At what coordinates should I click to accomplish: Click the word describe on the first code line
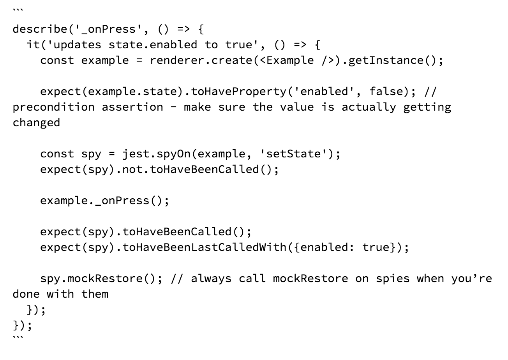(40, 29)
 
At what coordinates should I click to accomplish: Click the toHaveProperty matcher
(239, 92)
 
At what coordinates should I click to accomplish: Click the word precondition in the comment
(53, 107)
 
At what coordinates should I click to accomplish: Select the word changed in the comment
(36, 123)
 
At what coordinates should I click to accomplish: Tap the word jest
(136, 154)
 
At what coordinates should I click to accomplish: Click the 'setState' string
(294, 154)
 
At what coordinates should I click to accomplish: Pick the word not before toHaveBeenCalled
(132, 170)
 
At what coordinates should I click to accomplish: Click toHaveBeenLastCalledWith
(205, 247)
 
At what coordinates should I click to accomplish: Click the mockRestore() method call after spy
(112, 279)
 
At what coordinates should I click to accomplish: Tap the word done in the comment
(26, 294)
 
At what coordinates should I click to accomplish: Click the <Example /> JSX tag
(297, 61)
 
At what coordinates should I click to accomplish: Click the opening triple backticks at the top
(18, 10)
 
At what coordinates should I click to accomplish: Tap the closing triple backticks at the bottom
(18, 337)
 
